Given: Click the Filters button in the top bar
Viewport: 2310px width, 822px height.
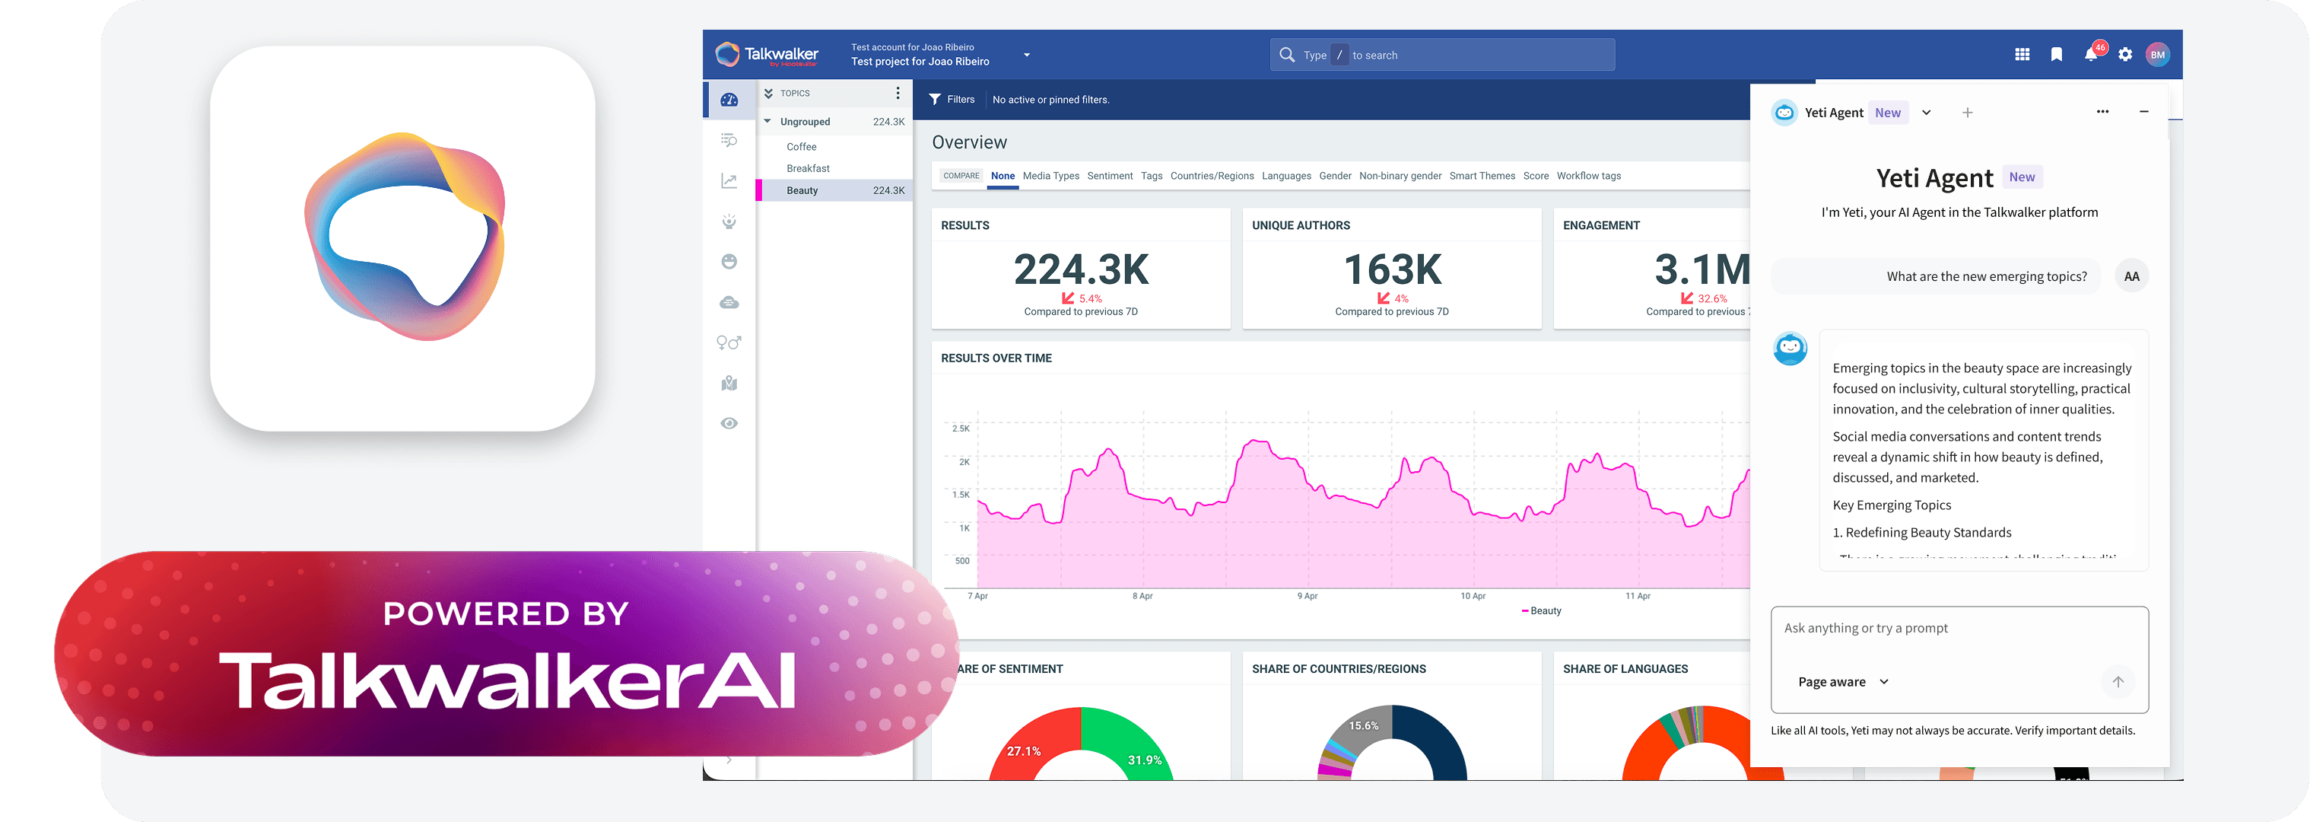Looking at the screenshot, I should pos(952,100).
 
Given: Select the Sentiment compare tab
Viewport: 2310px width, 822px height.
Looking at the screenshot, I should pos(1109,176).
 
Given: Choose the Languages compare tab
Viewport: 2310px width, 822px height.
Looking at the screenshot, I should pos(1286,176).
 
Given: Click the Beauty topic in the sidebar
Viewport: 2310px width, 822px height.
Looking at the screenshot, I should pos(802,190).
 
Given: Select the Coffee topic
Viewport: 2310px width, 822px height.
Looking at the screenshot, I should pos(801,147).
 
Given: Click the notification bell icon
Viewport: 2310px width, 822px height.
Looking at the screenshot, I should pos(2090,55).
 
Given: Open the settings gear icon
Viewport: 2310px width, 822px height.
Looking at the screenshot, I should pos(2125,55).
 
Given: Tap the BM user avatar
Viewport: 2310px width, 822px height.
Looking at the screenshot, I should pos(2158,55).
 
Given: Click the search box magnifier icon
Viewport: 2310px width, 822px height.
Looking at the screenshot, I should pos(1287,55).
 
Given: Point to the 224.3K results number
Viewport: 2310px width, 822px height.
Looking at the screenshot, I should pos(1081,269).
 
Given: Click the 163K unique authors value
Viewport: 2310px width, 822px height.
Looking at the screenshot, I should pos(1392,269).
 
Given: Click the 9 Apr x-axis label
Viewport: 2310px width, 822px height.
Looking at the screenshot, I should pos(1307,596).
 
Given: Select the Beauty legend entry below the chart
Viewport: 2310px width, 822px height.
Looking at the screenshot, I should pos(1543,611).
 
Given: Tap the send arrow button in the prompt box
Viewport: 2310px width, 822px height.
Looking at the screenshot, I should pos(2118,682).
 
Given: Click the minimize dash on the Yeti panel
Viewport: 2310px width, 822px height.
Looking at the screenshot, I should pos(2144,112).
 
